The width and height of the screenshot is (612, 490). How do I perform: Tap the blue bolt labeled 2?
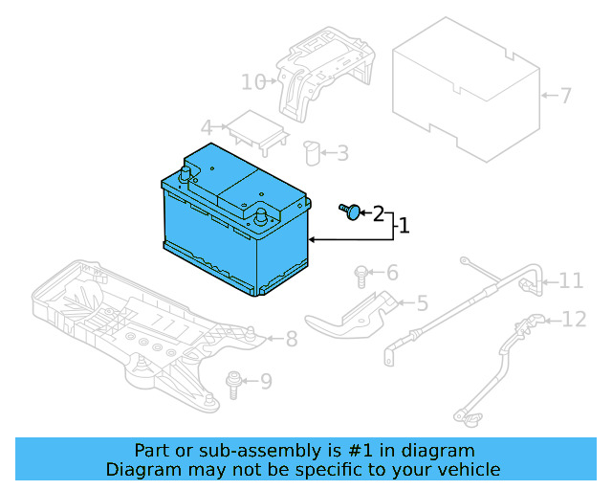pos(350,210)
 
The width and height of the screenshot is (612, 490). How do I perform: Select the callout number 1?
pos(404,226)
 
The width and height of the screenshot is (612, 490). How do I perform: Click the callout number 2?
pos(378,212)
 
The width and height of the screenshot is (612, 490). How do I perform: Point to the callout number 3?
pos(341,152)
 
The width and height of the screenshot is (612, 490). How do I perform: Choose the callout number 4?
pos(207,127)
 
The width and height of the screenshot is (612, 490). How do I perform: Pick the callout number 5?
pos(422,303)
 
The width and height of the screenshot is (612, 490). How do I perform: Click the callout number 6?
pos(391,274)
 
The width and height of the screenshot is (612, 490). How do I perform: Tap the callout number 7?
pos(565,96)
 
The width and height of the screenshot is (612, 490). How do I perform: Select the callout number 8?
pos(292,338)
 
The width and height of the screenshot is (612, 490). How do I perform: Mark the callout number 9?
pos(266,382)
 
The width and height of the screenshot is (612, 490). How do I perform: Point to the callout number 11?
pos(571,280)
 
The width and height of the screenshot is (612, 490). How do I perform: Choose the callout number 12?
pos(574,319)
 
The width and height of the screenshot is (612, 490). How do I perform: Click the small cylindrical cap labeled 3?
pos(311,152)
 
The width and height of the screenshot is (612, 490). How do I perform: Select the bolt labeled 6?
pos(361,275)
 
